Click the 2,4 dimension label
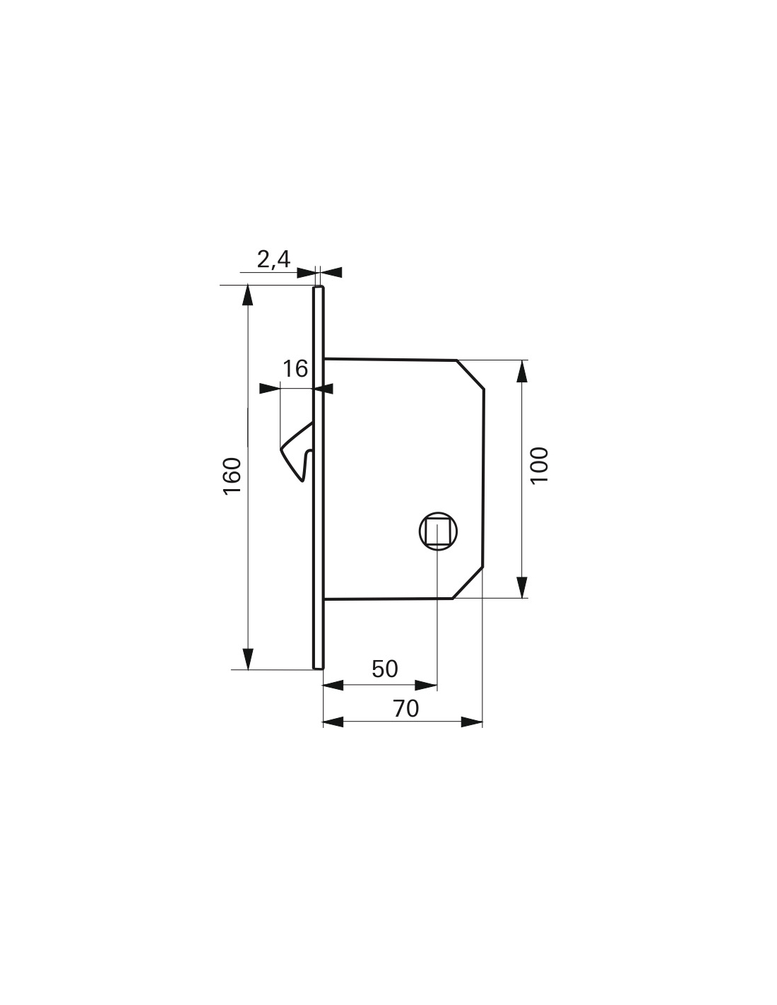(x=273, y=259)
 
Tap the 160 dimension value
(x=232, y=476)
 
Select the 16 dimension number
(x=295, y=369)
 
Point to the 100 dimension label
(x=539, y=466)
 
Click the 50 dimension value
(x=385, y=669)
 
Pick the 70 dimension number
(x=406, y=708)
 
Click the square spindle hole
(x=437, y=532)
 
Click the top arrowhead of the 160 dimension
(x=248, y=295)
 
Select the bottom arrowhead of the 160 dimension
(x=248, y=659)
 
